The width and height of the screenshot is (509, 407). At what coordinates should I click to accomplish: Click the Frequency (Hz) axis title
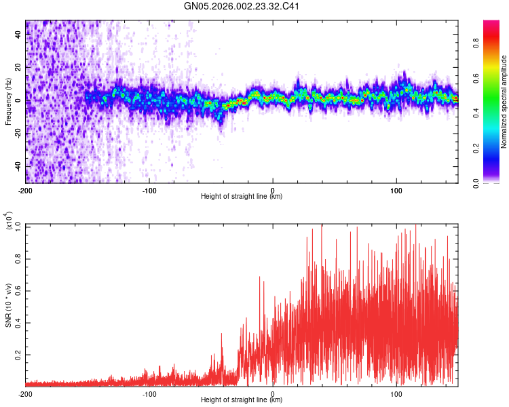(8, 102)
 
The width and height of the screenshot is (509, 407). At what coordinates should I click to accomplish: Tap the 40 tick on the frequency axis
(18, 35)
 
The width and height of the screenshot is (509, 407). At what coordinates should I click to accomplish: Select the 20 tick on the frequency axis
(18, 68)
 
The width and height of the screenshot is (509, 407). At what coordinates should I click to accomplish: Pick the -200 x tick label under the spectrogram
(26, 190)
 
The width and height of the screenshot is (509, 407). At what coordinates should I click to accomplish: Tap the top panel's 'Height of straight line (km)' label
(242, 197)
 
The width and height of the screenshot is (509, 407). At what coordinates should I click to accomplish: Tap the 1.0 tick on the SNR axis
(18, 225)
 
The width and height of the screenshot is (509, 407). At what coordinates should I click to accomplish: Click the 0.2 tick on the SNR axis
(18, 354)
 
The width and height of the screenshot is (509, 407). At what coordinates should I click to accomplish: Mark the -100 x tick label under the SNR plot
(149, 393)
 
